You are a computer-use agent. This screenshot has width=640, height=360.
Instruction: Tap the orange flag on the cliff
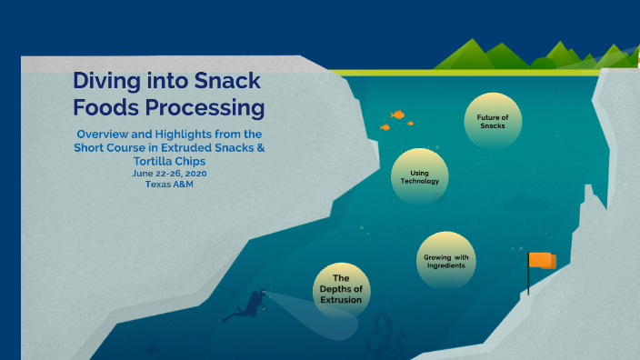point(543,261)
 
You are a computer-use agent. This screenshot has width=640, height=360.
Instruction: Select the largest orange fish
point(397,115)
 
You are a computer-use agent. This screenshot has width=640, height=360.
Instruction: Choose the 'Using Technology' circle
point(420,176)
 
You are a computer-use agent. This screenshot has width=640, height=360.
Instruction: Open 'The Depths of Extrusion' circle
point(341,288)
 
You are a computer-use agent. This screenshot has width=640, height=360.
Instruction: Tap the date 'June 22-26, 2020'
point(170,173)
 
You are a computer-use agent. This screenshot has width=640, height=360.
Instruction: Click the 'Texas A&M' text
point(170,184)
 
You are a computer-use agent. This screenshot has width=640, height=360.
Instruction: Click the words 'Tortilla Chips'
point(171,160)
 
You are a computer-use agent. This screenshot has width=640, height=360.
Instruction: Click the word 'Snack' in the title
point(231,82)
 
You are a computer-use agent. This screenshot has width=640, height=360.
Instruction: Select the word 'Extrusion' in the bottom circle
point(341,299)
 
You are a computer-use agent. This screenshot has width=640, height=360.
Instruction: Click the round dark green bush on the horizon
point(544,64)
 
